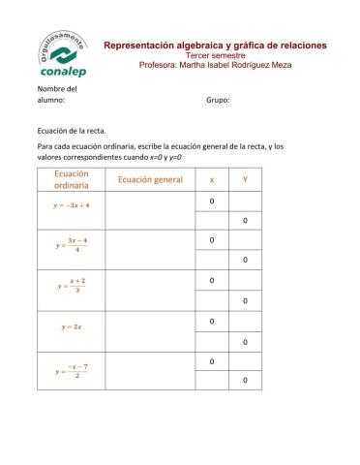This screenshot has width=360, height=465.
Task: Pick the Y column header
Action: click(244, 180)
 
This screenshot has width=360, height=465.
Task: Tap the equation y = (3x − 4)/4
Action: click(72, 246)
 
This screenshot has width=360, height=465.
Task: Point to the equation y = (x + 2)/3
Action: click(72, 287)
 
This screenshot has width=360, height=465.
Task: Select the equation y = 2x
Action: click(72, 326)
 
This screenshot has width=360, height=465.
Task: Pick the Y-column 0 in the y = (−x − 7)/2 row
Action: click(244, 381)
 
